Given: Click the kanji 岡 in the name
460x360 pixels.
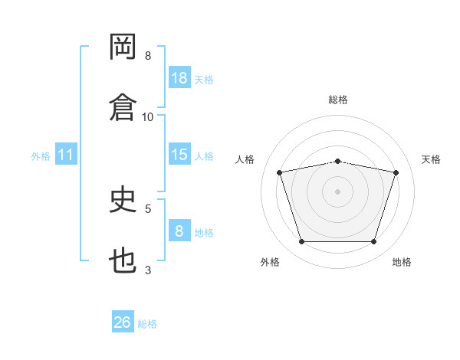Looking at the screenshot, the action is (123, 46).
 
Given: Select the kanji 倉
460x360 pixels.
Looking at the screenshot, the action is (123, 107).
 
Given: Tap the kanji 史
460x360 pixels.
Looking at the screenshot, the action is (123, 198).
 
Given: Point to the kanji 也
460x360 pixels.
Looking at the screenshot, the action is (123, 260).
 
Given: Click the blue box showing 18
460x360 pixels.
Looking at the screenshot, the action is (179, 77).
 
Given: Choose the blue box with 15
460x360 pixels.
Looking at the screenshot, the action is (179, 154).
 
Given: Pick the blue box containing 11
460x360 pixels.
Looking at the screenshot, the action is (66, 154).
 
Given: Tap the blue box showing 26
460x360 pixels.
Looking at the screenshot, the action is (123, 321).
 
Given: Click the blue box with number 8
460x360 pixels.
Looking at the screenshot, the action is (179, 230).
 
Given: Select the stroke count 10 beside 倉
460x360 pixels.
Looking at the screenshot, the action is (147, 117).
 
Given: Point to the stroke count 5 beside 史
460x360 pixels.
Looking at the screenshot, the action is (148, 209).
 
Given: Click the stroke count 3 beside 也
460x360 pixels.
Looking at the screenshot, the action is (148, 270).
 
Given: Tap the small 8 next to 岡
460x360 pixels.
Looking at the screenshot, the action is (148, 56).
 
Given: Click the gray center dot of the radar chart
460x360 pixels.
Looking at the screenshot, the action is (337, 191).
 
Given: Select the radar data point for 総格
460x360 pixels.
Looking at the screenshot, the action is (337, 162).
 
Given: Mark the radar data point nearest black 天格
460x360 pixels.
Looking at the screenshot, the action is (396, 172).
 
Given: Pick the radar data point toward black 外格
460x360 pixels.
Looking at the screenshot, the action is (302, 241).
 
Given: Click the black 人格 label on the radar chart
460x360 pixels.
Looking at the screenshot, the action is (245, 159).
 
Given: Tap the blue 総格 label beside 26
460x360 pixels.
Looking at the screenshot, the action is (147, 324).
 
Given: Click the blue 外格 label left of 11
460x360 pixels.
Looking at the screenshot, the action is (41, 156).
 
